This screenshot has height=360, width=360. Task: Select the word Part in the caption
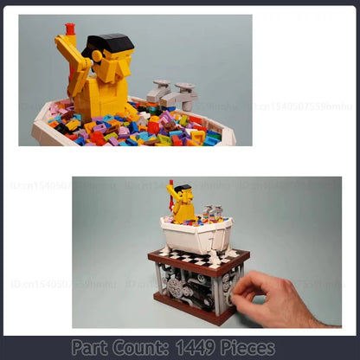(92, 348)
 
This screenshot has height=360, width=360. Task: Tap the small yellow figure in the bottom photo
(181, 204)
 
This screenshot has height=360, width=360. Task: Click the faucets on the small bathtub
(213, 211)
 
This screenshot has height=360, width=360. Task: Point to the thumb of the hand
(240, 286)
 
